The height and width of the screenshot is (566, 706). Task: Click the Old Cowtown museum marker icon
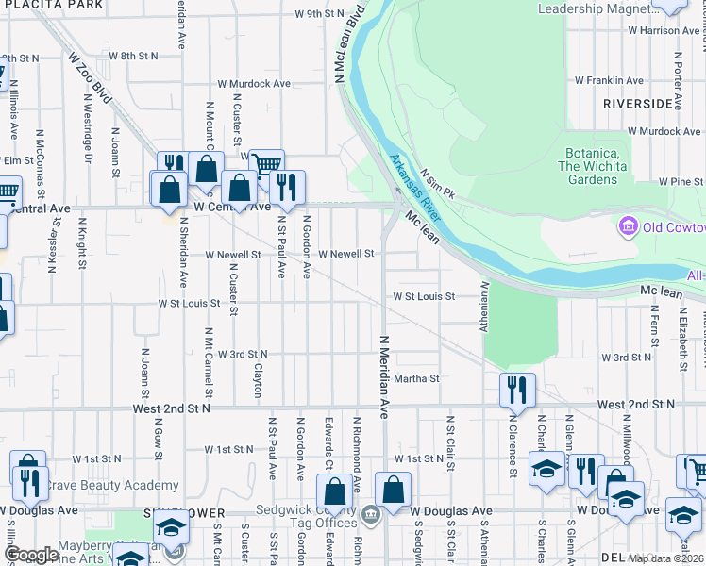[x=626, y=226]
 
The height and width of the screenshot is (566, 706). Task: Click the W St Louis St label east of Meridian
[x=425, y=296]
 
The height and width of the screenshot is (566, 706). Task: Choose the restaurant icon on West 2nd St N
[x=517, y=388]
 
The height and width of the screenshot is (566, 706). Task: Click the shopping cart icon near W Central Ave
[x=267, y=164]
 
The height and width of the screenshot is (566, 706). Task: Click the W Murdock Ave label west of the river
[x=254, y=84]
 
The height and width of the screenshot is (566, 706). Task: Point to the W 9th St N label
[x=320, y=14]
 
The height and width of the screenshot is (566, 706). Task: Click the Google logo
[x=31, y=555]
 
